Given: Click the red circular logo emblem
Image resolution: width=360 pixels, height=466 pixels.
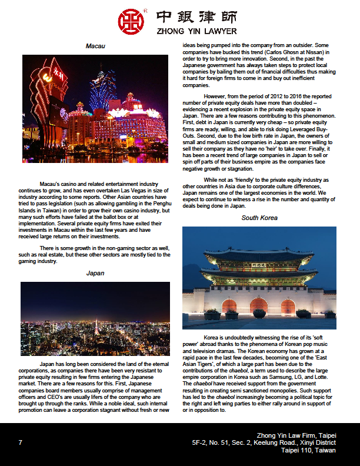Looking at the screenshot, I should click(x=131, y=21).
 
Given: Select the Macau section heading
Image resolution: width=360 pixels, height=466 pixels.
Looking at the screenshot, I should click(x=95, y=46).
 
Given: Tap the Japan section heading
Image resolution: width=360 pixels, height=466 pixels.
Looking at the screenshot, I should click(x=95, y=273).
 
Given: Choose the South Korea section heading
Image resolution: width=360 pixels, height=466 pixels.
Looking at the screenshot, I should click(x=259, y=218).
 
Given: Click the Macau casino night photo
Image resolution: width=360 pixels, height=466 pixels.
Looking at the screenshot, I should click(x=95, y=109).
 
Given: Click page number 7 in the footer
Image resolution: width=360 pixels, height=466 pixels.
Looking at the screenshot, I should click(x=21, y=442).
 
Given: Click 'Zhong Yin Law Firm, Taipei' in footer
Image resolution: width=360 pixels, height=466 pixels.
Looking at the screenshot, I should click(x=296, y=435).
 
